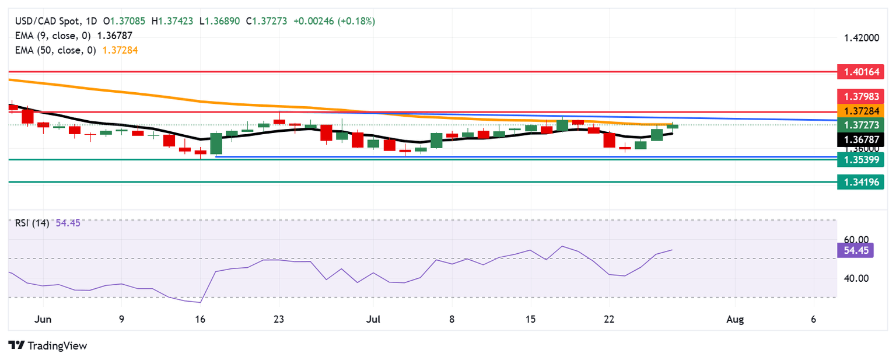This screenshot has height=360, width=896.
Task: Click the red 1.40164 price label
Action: (x=860, y=73)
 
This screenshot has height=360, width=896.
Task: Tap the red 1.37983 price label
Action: (x=860, y=96)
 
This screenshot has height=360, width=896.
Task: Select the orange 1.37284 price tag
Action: (x=860, y=110)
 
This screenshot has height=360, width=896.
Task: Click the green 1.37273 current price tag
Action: (x=860, y=124)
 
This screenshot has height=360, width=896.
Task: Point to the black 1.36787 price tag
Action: (x=860, y=139)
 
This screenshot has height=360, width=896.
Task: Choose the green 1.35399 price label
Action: (x=860, y=159)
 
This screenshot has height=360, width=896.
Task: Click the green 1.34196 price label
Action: (x=860, y=182)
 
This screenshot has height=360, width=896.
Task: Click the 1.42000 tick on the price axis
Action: (x=861, y=39)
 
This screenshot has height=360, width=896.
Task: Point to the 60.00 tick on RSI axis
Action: (x=856, y=239)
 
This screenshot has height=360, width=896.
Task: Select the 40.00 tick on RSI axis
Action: (x=856, y=278)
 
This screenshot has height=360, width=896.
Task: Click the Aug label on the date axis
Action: (x=735, y=320)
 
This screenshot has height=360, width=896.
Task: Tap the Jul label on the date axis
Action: (x=372, y=320)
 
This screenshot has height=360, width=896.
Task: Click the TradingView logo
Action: (x=48, y=345)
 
